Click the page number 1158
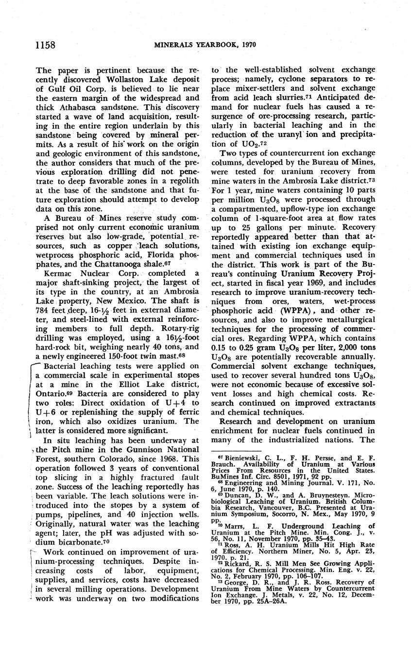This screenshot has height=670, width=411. (45, 45)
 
